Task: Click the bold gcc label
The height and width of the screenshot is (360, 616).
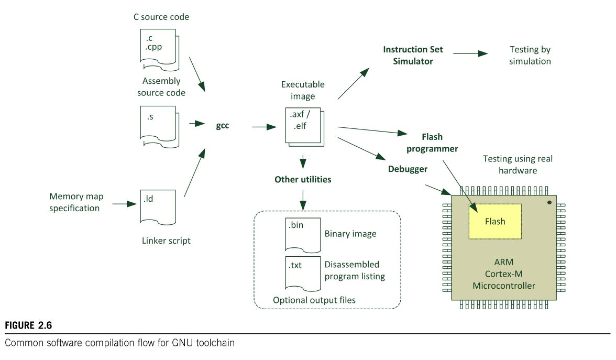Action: pyautogui.click(x=222, y=126)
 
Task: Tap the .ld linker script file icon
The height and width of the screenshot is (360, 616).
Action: pyautogui.click(x=158, y=207)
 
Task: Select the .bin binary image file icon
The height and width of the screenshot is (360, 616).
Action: pyautogui.click(x=303, y=235)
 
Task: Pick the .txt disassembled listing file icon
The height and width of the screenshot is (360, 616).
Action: pyautogui.click(x=303, y=274)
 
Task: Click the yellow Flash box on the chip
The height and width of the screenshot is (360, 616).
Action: pyautogui.click(x=495, y=221)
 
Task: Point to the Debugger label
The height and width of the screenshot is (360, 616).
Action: pyautogui.click(x=408, y=169)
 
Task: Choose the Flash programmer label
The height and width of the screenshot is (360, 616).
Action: pyautogui.click(x=432, y=143)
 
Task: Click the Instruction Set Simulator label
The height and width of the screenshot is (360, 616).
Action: pyautogui.click(x=413, y=56)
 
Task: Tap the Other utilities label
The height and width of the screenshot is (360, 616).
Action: pyautogui.click(x=303, y=180)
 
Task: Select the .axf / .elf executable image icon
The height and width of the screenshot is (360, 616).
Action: pyautogui.click(x=304, y=127)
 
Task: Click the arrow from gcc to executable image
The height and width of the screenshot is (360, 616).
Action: pyautogui.click(x=265, y=127)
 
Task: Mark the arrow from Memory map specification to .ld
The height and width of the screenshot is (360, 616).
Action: pyautogui.click(x=125, y=204)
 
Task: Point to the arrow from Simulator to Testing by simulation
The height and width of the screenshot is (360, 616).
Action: pyautogui.click(x=470, y=53)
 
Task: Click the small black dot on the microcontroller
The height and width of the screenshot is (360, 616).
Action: pyautogui.click(x=549, y=202)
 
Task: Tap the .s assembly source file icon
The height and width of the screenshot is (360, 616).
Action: pyautogui.click(x=159, y=127)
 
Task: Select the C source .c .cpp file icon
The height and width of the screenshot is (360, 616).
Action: pyautogui.click(x=159, y=50)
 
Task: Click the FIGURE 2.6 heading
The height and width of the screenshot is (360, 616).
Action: pyautogui.click(x=28, y=325)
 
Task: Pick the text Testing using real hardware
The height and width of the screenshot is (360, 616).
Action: pyautogui.click(x=518, y=165)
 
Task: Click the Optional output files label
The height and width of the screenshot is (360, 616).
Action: pyautogui.click(x=314, y=300)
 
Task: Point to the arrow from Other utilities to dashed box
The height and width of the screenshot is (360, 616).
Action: pyautogui.click(x=303, y=200)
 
